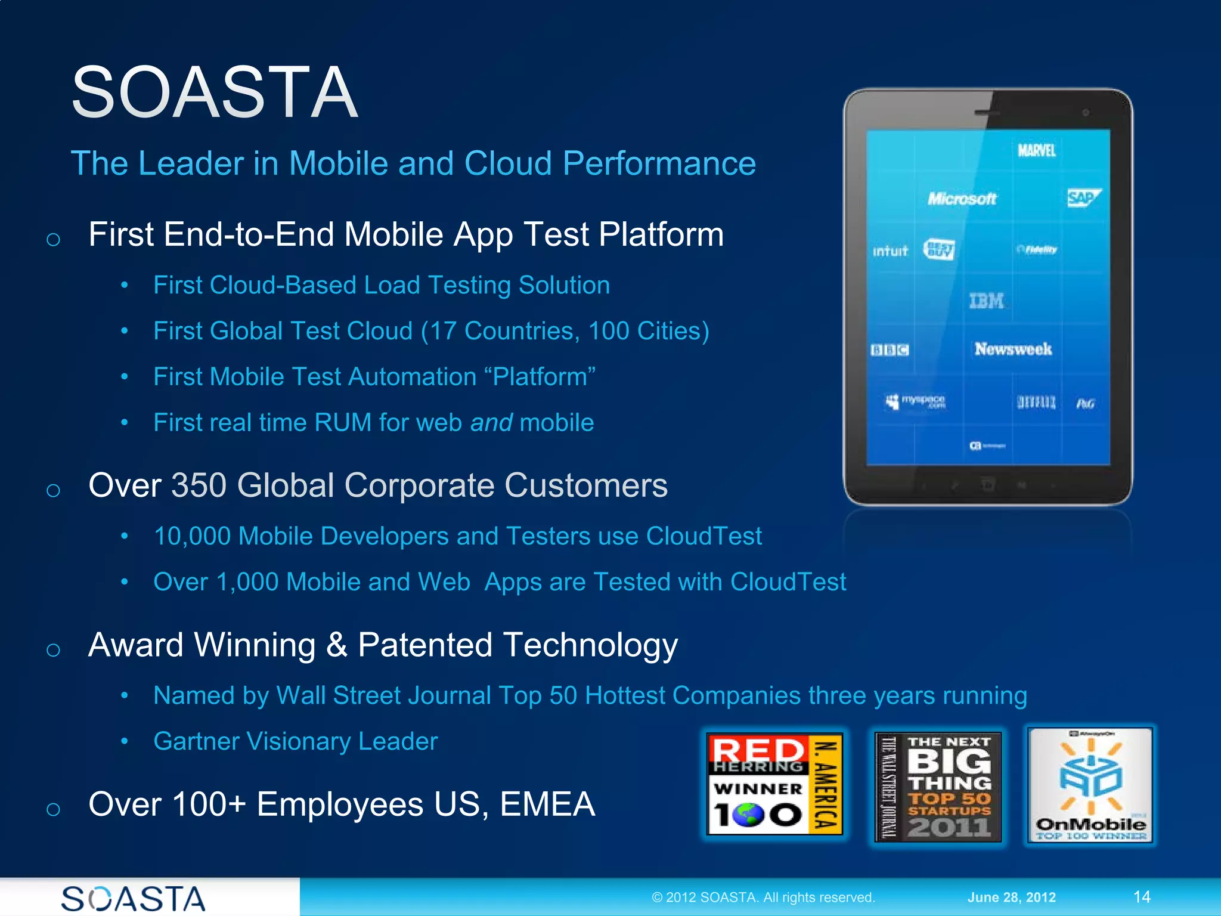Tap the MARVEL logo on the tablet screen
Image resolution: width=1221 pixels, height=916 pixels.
[x=1036, y=150]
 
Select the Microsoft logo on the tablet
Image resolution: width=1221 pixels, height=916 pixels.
[x=961, y=199]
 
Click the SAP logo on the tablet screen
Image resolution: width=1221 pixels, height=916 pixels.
[x=1083, y=198]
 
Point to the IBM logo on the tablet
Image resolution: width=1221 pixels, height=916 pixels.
[x=986, y=301]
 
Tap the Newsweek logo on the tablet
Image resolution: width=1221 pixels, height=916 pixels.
[x=1013, y=349]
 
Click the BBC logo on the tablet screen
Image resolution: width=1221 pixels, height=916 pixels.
[x=890, y=350]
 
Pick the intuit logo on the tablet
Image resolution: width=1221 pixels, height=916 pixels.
[x=890, y=251]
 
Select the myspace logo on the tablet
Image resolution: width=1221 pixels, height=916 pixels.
[x=917, y=401]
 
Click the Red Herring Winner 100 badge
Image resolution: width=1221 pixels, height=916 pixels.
[x=774, y=784]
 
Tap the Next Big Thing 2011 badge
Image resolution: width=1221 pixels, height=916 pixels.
[x=938, y=786]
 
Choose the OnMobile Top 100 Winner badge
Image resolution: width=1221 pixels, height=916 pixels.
[x=1090, y=785]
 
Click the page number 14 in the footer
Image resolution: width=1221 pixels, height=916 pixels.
[x=1141, y=897]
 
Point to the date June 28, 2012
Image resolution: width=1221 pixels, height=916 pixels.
[x=1011, y=897]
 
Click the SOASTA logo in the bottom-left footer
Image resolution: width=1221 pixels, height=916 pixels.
[x=134, y=898]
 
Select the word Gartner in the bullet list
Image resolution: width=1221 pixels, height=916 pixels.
[x=196, y=741]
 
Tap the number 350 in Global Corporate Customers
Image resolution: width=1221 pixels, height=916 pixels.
[x=199, y=485]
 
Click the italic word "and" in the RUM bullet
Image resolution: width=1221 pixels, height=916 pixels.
[x=491, y=423]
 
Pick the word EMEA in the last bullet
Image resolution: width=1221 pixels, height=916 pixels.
[x=547, y=804]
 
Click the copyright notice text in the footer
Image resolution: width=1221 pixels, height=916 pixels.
[x=763, y=897]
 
